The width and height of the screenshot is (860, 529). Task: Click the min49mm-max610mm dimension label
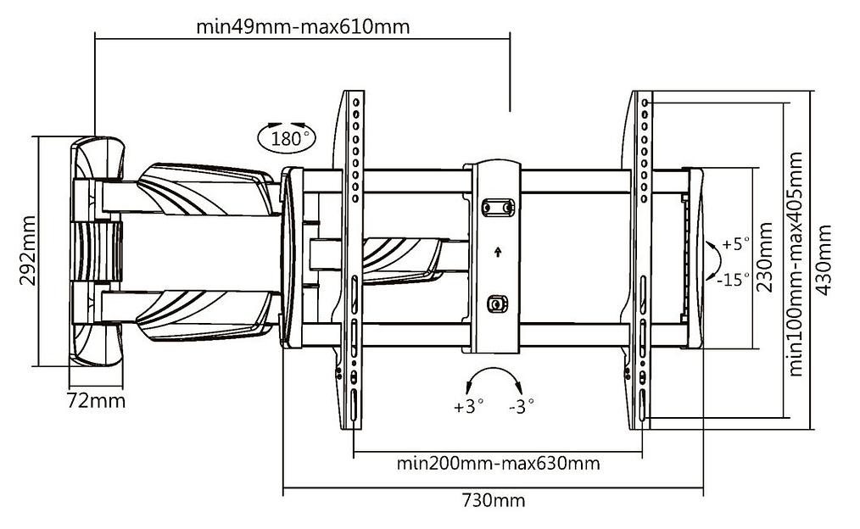pyautogui.click(x=303, y=26)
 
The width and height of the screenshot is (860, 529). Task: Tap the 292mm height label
pyautogui.click(x=28, y=253)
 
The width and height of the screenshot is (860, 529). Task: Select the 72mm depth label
pyautogui.click(x=96, y=401)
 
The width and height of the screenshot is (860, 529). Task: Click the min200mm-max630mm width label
pyautogui.click(x=498, y=464)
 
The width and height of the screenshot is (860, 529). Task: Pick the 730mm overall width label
pyautogui.click(x=493, y=500)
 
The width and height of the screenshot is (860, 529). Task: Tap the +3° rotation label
pyautogui.click(x=468, y=406)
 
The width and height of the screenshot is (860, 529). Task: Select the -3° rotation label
pyautogui.click(x=521, y=406)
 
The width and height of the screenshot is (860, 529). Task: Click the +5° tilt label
pyautogui.click(x=736, y=244)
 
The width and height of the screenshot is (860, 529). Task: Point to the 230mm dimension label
pyautogui.click(x=765, y=257)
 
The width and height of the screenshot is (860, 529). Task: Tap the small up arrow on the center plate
pyautogui.click(x=498, y=251)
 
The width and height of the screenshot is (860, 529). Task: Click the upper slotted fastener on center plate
pyautogui.click(x=498, y=206)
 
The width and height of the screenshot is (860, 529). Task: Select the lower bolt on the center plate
pyautogui.click(x=498, y=303)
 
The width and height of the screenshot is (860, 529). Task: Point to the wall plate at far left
pyautogui.click(x=95, y=252)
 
